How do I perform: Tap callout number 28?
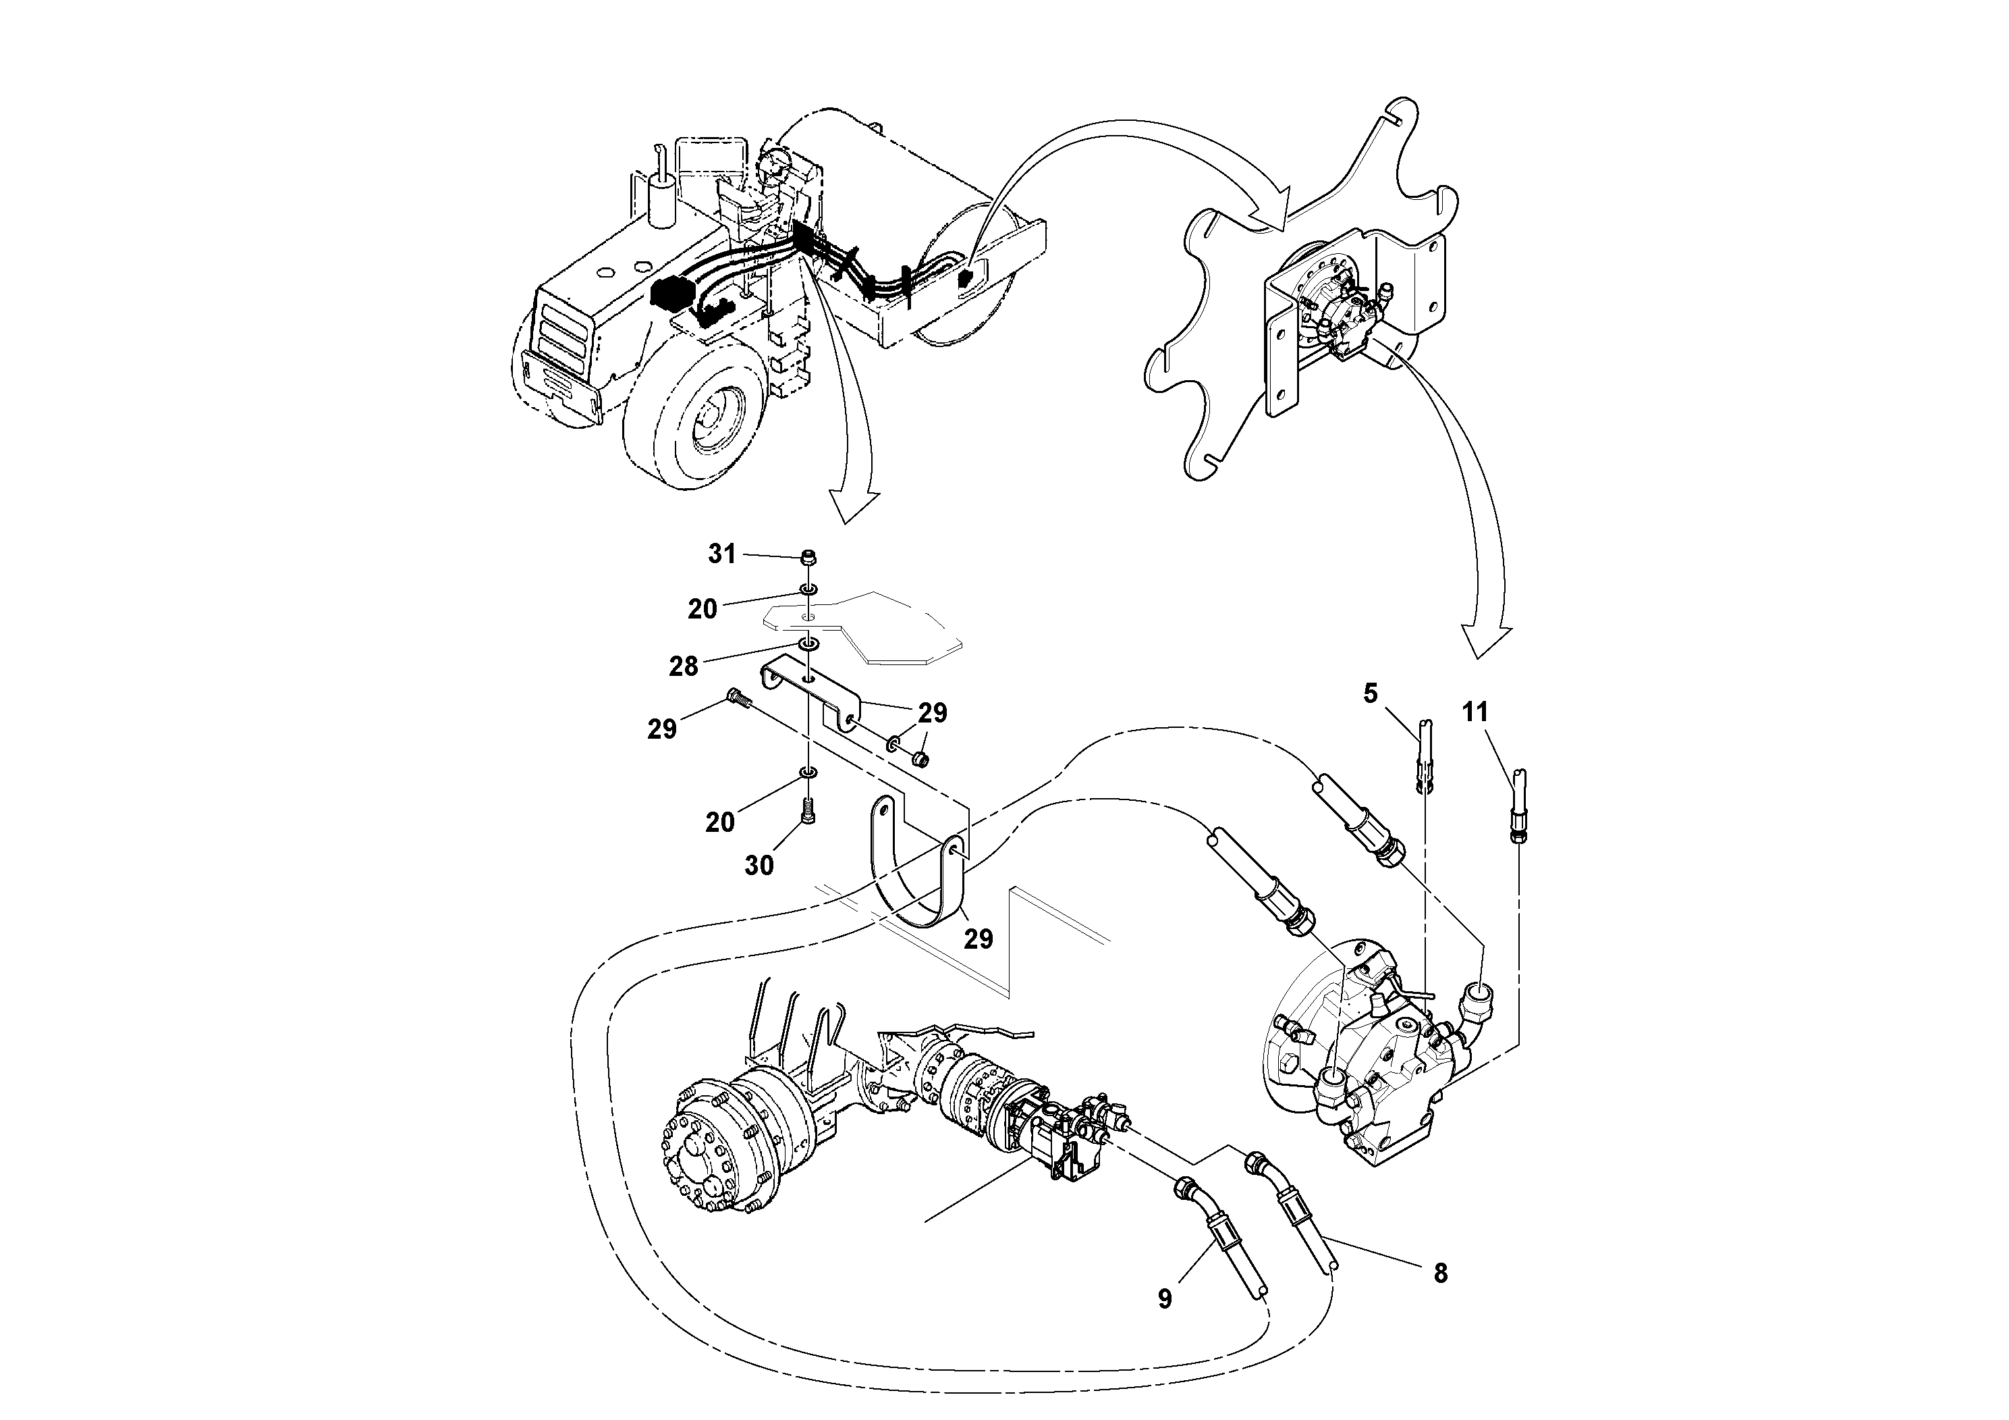pyautogui.click(x=684, y=666)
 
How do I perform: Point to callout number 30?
pyautogui.click(x=759, y=865)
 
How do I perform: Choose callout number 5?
pyautogui.click(x=1370, y=693)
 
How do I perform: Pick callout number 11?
pyautogui.click(x=1475, y=712)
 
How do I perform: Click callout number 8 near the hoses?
pyautogui.click(x=1440, y=1273)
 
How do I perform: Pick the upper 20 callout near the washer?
pyautogui.click(x=702, y=609)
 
